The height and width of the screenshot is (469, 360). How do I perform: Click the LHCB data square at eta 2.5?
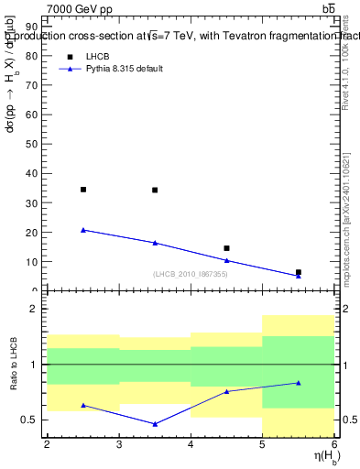[83, 190]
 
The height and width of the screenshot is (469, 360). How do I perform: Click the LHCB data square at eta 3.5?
[155, 191]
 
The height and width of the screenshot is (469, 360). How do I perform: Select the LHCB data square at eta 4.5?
[226, 248]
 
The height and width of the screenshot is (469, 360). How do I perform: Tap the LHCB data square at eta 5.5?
[299, 272]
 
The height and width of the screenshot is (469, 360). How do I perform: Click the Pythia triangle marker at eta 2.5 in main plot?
[83, 230]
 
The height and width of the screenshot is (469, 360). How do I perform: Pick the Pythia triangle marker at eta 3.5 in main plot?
[155, 243]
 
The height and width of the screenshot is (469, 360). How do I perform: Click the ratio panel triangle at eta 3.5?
[155, 424]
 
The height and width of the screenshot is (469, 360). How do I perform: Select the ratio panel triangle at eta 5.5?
[299, 383]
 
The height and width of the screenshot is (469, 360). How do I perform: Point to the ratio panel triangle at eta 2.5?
[83, 405]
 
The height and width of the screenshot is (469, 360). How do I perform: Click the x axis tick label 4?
[191, 444]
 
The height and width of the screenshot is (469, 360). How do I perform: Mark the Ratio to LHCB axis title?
[12, 365]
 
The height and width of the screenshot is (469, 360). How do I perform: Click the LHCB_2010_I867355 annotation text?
[190, 275]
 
